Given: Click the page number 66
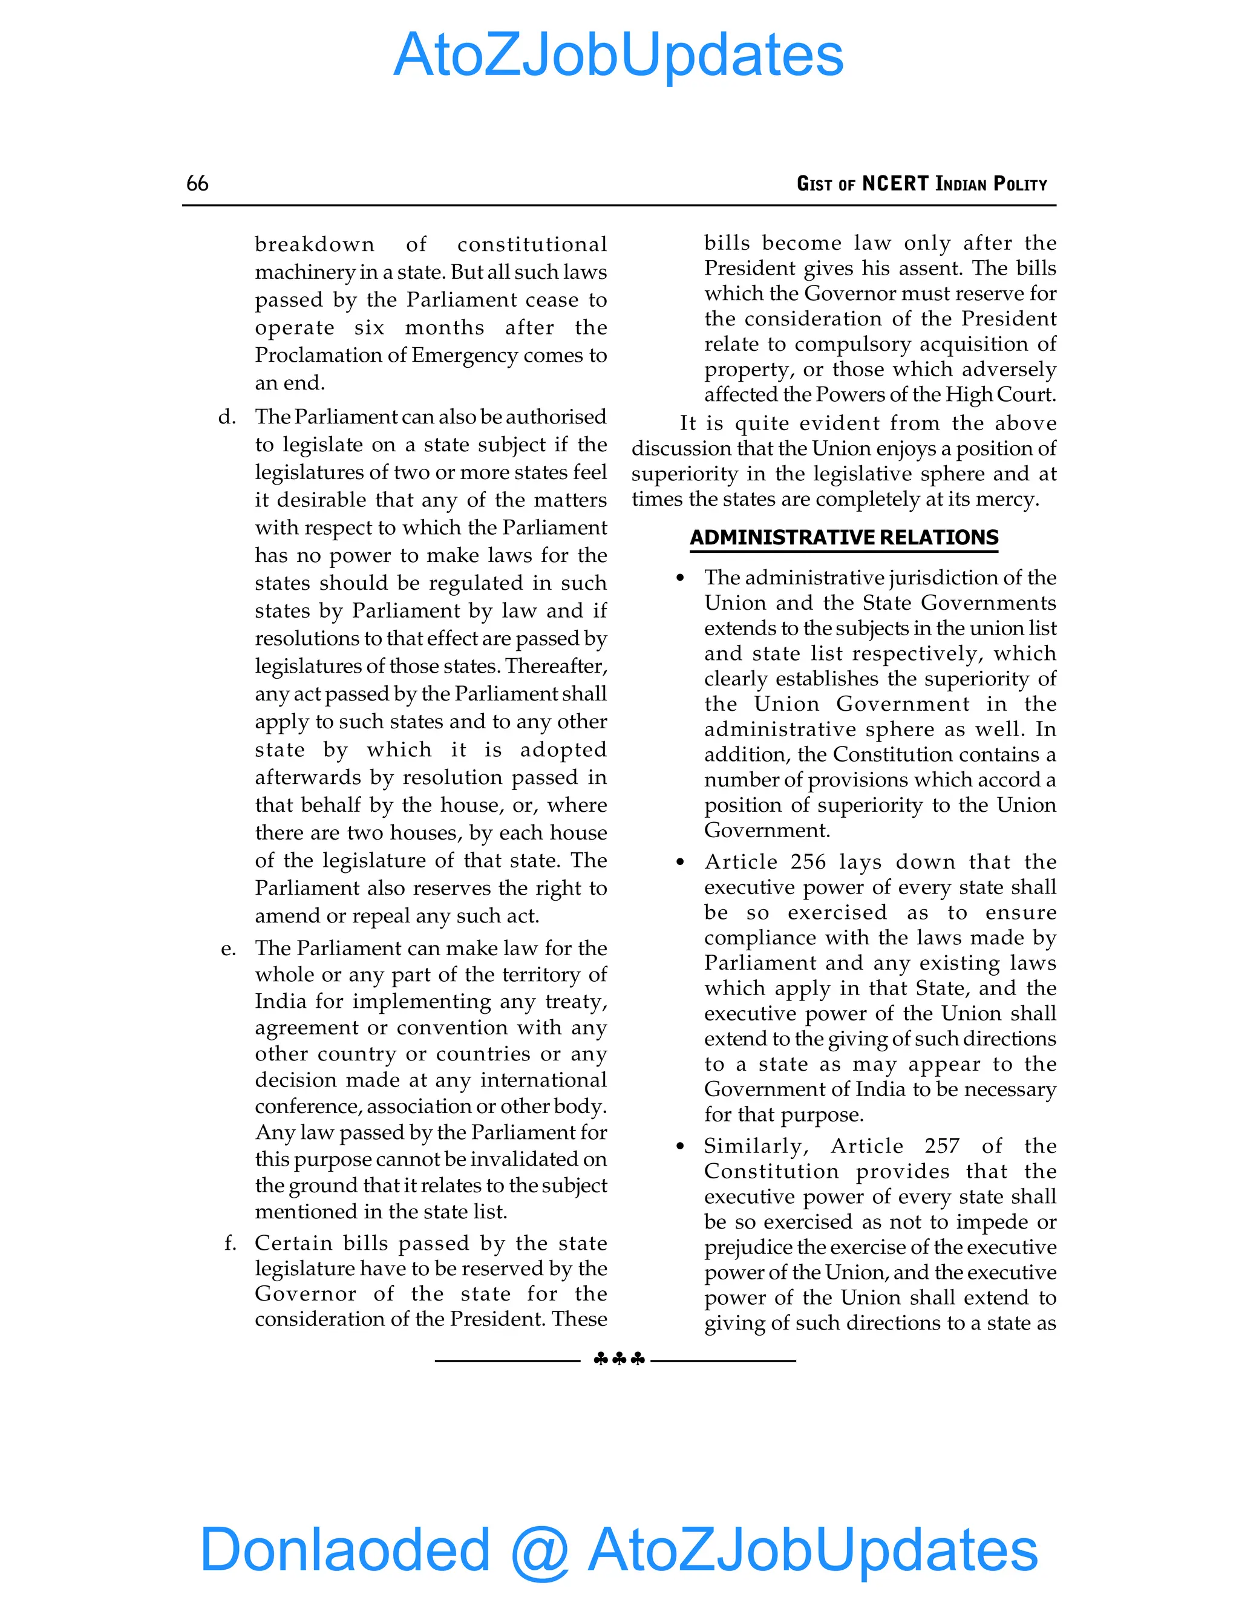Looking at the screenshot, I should tap(197, 183).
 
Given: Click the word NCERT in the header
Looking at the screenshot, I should tap(895, 183).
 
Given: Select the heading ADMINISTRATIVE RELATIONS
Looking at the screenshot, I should tap(843, 537).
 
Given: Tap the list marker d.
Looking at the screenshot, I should tap(227, 417).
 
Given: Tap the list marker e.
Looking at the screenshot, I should tap(228, 948).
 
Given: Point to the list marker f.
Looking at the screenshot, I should tap(230, 1243).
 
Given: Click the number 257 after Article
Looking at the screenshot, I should tap(942, 1146).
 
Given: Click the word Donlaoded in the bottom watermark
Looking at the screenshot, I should tap(344, 1549).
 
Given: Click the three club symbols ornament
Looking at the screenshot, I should tap(618, 1359).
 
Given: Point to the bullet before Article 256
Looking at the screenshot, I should tap(681, 863).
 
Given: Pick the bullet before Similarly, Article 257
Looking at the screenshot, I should tap(681, 1146).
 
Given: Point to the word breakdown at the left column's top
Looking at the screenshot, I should tap(314, 244).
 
